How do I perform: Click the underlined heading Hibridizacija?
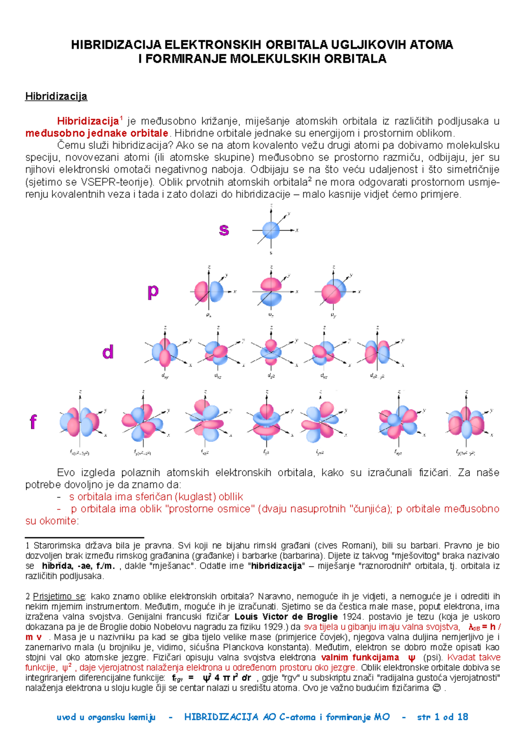coord(56,96)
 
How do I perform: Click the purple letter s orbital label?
coord(224,230)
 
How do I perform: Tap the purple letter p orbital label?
coord(153,291)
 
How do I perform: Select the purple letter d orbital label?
coord(108,352)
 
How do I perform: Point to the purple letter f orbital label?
coord(33,422)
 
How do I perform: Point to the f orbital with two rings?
coord(266,421)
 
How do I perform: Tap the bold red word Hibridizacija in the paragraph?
coord(87,121)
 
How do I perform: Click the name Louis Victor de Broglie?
coord(286,617)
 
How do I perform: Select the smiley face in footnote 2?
coord(436,688)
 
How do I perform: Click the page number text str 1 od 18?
coord(442,717)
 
